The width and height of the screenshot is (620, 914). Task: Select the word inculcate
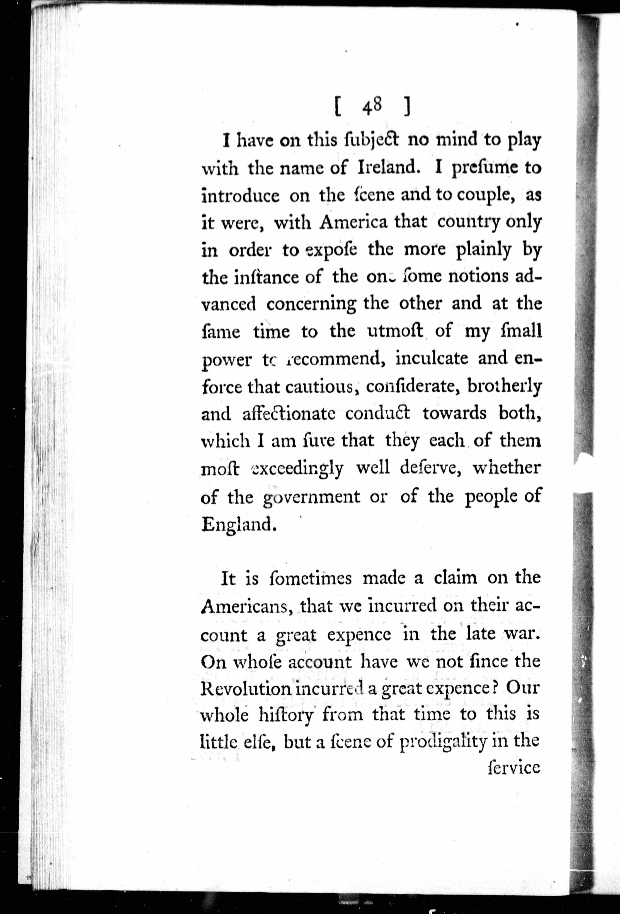pos(432,358)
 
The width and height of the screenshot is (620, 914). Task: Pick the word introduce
pos(240,195)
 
